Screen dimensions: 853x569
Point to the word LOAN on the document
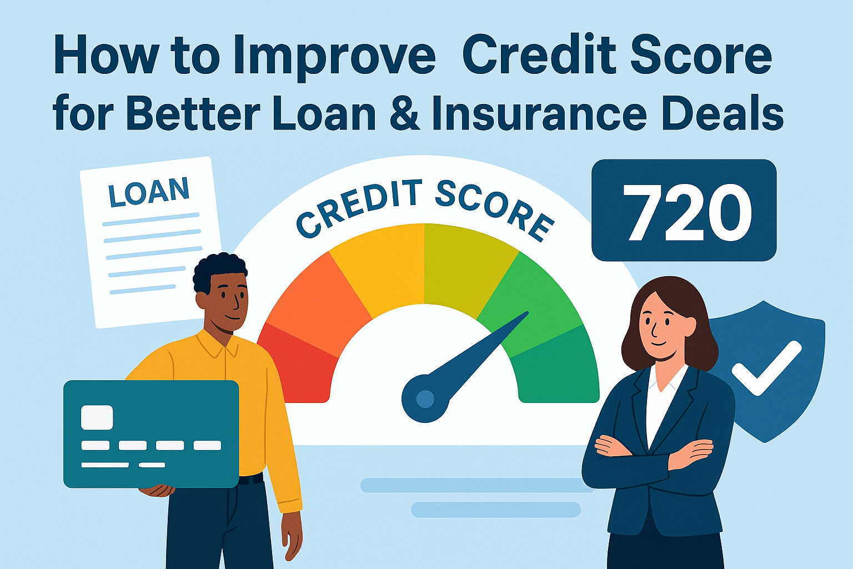click(x=149, y=192)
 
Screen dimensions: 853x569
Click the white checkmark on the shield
click(x=766, y=368)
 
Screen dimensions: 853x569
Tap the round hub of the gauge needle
click(x=425, y=398)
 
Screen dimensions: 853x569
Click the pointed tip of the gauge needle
click(x=528, y=312)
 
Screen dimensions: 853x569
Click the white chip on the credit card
click(x=97, y=417)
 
